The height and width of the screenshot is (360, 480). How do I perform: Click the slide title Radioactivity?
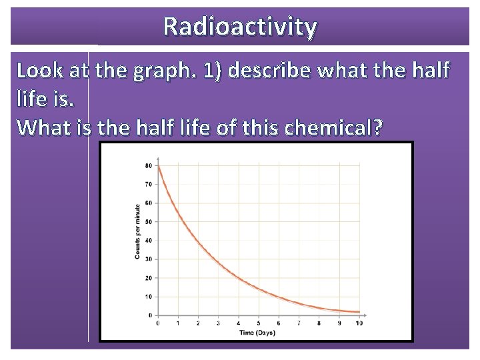(x=240, y=27)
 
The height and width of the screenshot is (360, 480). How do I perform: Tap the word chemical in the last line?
(x=333, y=127)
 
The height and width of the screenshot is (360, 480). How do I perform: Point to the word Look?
(x=39, y=70)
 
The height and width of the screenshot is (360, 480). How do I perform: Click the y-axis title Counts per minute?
(x=137, y=232)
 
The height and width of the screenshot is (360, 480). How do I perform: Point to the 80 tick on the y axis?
(x=149, y=165)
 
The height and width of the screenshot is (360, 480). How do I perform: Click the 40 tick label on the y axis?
(x=149, y=240)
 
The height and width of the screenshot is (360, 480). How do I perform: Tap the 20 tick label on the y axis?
(x=149, y=277)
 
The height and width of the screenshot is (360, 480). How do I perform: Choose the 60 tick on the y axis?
(x=149, y=203)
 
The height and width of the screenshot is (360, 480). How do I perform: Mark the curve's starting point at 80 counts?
(x=158, y=166)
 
